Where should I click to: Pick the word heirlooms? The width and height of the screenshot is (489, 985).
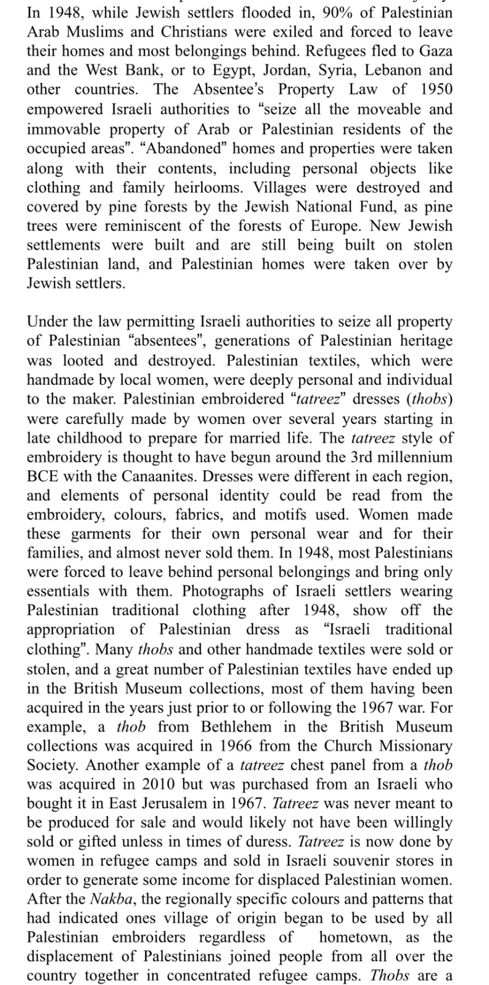pyautogui.click(x=198, y=187)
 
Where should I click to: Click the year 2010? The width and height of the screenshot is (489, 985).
pyautogui.click(x=165, y=784)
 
